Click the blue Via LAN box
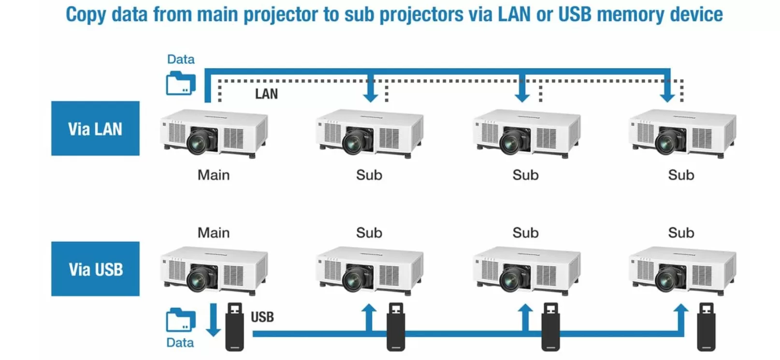[x=95, y=129]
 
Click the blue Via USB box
[x=95, y=269]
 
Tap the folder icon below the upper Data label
[x=181, y=84]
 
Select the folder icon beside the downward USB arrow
[x=181, y=320]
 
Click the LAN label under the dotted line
[x=266, y=94]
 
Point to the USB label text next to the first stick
[x=262, y=317]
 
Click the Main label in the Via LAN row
[x=214, y=175]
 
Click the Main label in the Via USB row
[x=214, y=233]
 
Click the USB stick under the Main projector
[x=235, y=327]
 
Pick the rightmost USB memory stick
[x=706, y=327]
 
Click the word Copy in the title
[x=86, y=14]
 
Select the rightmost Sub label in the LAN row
[x=681, y=175]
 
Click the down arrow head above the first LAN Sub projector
[x=371, y=95]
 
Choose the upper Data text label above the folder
[x=181, y=59]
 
